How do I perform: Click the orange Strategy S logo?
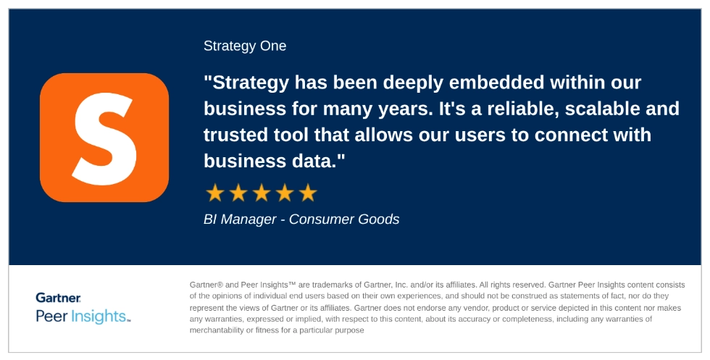pyautogui.click(x=104, y=137)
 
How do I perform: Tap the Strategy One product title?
pyautogui.click(x=245, y=46)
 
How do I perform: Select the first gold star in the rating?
pyautogui.click(x=214, y=193)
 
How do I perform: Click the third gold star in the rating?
pyautogui.click(x=262, y=193)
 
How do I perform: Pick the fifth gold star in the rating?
pyautogui.click(x=308, y=193)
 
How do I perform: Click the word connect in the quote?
pyautogui.click(x=569, y=135)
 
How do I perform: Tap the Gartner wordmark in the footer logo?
pyautogui.click(x=58, y=298)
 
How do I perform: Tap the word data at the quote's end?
pyautogui.click(x=312, y=161)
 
